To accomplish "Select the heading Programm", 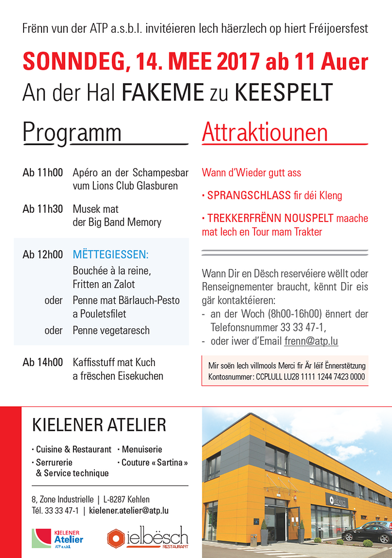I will (72, 133).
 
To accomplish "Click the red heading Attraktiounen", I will (265, 133).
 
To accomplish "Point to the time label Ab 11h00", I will (43, 172).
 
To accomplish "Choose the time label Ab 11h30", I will (43, 209).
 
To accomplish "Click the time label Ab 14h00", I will (43, 363).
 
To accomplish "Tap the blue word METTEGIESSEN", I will (110, 255).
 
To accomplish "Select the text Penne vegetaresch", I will (111, 330).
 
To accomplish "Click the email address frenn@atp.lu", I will (311, 341).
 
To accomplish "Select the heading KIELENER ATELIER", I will (99, 425).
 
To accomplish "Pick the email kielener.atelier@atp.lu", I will (129, 511).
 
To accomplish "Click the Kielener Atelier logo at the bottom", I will (57, 539).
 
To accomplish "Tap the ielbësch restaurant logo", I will (148, 539).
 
